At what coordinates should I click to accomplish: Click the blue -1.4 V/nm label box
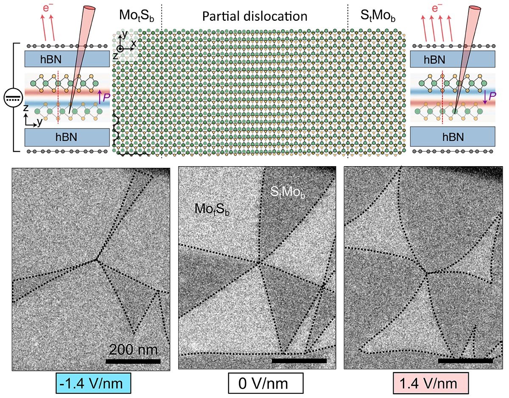tap(92, 384)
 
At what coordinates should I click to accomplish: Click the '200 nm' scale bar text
tap(133, 350)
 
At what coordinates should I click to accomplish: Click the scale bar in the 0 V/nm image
tap(299, 361)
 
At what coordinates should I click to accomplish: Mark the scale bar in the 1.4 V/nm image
tap(465, 361)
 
